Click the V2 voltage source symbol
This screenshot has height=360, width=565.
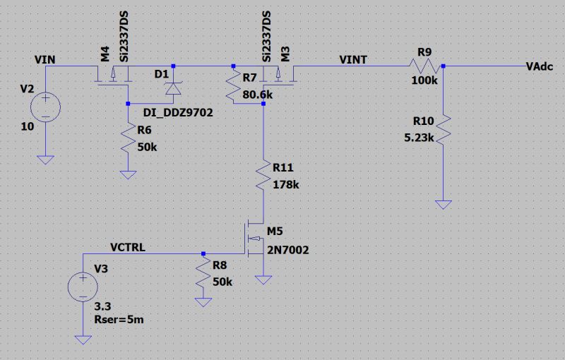(45, 108)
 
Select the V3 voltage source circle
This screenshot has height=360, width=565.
(83, 287)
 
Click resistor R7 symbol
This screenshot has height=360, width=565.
(233, 88)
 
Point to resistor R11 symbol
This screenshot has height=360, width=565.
(263, 178)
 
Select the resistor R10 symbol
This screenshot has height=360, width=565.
(442, 131)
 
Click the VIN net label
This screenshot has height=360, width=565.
(44, 59)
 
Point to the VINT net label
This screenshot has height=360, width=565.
(352, 59)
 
